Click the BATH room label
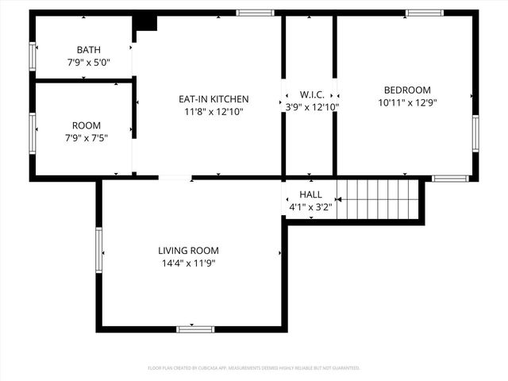click(89, 49)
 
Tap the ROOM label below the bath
click(86, 125)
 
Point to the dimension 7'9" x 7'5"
click(86, 137)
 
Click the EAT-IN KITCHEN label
click(213, 99)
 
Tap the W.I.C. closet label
click(310, 94)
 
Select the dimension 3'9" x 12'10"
click(312, 107)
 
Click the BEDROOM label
click(407, 90)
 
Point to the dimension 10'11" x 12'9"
click(407, 102)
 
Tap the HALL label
click(310, 195)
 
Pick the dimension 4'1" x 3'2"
click(310, 208)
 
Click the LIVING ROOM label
click(188, 251)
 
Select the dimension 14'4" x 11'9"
click(188, 264)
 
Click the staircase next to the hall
click(377, 198)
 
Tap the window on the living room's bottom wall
click(195, 329)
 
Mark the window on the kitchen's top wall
click(255, 13)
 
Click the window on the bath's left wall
click(33, 56)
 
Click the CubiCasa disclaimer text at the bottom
click(254, 368)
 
